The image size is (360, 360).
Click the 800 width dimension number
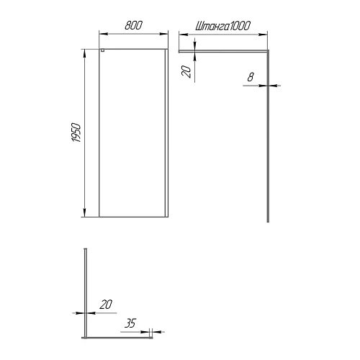[132, 25]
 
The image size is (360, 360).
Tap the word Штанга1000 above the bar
[222, 25]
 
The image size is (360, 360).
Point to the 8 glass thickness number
[250, 76]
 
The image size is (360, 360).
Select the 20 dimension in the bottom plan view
[106, 305]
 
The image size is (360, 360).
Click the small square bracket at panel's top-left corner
[102, 50]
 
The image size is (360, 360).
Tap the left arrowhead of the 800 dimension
[101, 34]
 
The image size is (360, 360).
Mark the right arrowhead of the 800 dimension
[166, 34]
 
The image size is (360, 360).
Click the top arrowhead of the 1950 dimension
[85, 50]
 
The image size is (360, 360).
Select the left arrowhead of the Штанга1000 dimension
[180, 34]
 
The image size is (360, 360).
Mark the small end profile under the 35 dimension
[150, 334]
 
